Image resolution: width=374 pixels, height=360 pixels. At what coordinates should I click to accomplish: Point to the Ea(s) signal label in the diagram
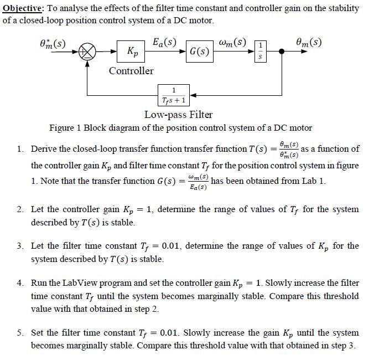[x=164, y=42]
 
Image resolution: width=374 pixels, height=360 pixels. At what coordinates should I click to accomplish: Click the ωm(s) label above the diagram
[x=232, y=42]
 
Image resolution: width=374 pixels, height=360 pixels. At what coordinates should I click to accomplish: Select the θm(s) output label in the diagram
[x=309, y=42]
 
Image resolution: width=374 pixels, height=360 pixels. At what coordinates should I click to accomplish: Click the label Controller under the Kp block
[x=131, y=71]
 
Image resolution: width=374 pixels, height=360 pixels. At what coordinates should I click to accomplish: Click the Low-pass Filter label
[x=178, y=115]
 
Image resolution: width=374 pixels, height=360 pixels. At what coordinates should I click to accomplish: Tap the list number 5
[x=19, y=333]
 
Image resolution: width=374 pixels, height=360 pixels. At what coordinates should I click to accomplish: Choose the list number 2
[x=19, y=209]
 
